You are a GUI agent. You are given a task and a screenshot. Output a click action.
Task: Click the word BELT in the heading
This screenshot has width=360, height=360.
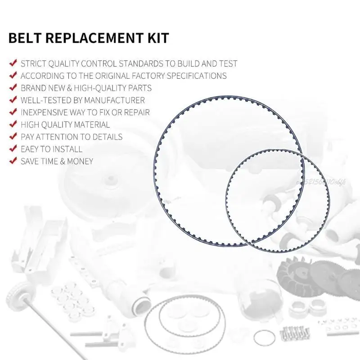pyautogui.click(x=26, y=38)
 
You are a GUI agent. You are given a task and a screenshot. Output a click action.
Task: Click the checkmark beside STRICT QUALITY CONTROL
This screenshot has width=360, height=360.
pyautogui.click(x=13, y=63)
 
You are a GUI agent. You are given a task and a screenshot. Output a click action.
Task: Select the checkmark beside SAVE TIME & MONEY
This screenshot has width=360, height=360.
pyautogui.click(x=13, y=161)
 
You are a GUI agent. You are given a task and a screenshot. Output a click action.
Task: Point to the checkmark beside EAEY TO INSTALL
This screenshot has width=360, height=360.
pyautogui.click(x=13, y=148)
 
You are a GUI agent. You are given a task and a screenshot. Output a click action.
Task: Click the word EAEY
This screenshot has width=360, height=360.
pyautogui.click(x=32, y=148)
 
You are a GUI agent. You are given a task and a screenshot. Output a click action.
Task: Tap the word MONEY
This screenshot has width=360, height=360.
pyautogui.click(x=80, y=161)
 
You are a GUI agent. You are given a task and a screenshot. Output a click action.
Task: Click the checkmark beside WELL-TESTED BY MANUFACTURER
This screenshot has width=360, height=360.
pyautogui.click(x=13, y=100)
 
